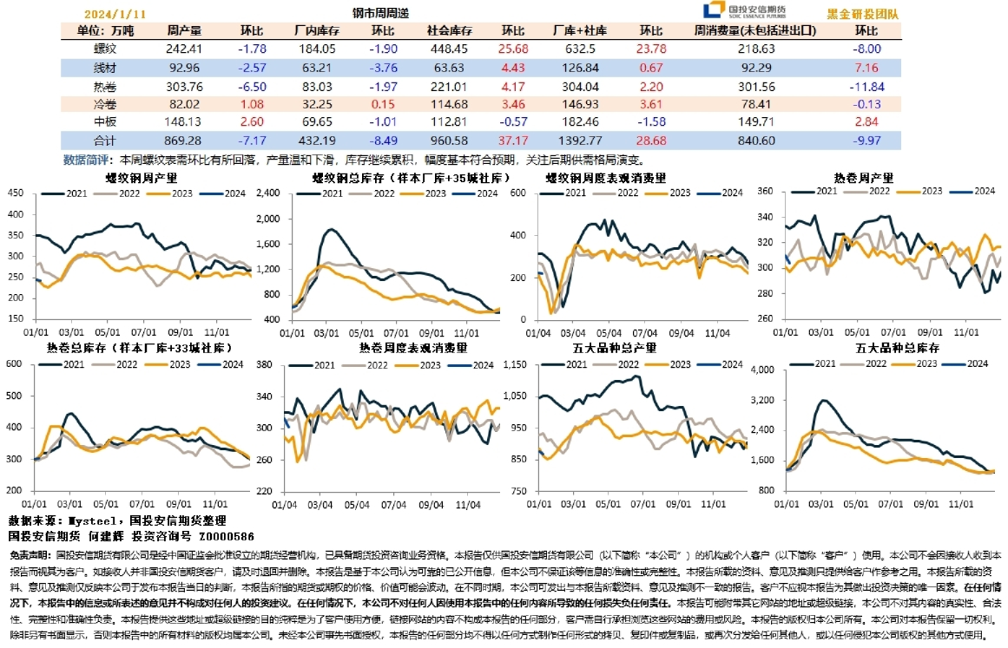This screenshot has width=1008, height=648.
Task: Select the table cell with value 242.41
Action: coord(183,49)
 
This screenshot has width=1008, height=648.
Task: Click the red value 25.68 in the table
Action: coord(513,49)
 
